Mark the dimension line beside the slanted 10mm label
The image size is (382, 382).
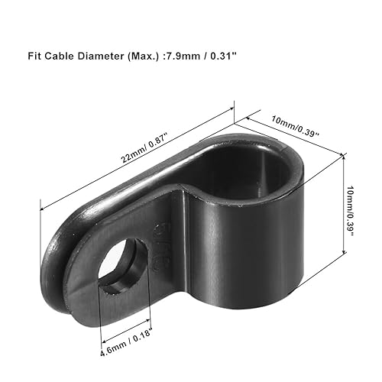[x=286, y=136]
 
